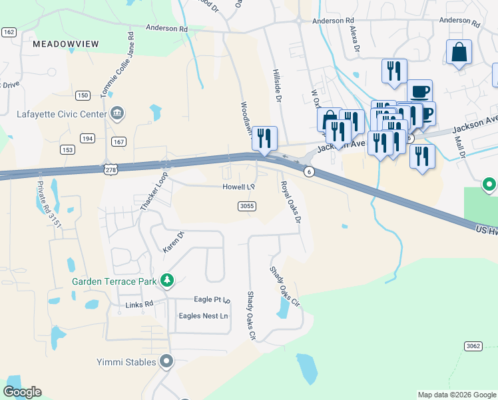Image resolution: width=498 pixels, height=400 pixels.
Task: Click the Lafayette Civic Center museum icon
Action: (x=117, y=113)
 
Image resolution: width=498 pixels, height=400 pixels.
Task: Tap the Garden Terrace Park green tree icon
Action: (x=166, y=281)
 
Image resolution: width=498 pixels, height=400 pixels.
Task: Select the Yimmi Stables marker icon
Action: (x=166, y=362)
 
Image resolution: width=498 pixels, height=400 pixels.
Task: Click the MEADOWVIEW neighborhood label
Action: (x=65, y=44)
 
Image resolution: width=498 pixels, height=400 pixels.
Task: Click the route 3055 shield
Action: (x=246, y=207)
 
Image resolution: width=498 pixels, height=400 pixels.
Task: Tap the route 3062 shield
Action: (x=472, y=346)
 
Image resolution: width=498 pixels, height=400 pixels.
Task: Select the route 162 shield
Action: (x=9, y=32)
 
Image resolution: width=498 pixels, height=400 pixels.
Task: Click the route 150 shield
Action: (x=83, y=96)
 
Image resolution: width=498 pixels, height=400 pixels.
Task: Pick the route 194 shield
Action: (x=87, y=138)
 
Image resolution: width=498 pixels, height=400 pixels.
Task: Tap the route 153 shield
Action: (x=67, y=150)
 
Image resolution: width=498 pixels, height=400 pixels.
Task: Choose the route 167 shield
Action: (x=119, y=141)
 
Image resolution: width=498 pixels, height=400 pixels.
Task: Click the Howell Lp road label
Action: (x=239, y=187)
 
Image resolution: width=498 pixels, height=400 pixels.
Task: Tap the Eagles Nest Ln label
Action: (x=202, y=315)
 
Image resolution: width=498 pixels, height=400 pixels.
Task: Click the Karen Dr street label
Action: (x=173, y=242)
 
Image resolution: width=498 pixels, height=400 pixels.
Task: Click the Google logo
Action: (x=22, y=392)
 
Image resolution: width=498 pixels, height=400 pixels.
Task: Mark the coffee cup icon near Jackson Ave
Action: (x=419, y=91)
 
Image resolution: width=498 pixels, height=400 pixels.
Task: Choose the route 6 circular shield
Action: (x=309, y=172)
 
